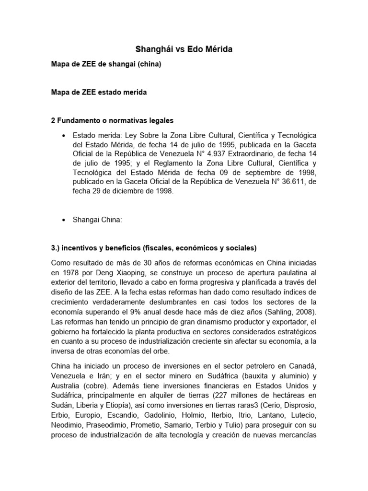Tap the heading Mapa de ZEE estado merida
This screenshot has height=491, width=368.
click(x=99, y=93)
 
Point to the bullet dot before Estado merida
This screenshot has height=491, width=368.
click(x=64, y=136)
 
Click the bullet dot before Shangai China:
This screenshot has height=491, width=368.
click(x=64, y=220)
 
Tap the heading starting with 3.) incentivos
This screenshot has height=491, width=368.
click(x=154, y=248)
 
